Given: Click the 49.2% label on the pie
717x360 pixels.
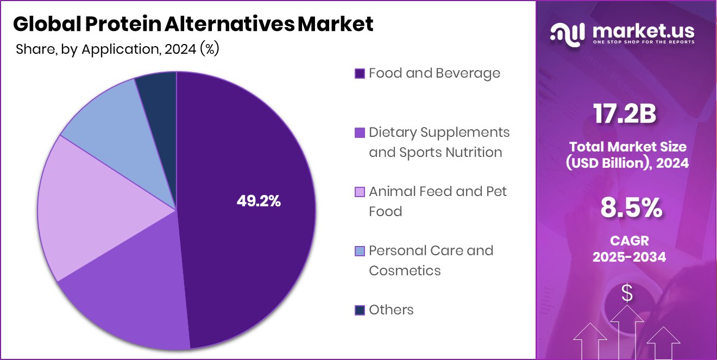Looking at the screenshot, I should (x=259, y=201).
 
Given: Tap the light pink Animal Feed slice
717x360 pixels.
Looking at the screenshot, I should (x=81, y=212).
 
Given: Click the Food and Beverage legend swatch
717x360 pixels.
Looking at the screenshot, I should (x=360, y=74).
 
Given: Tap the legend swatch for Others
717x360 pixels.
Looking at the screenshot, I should (x=360, y=310).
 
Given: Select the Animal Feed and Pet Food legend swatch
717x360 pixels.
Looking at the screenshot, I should (x=360, y=192).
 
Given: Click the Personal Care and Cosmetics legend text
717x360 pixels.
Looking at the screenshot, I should (x=431, y=261).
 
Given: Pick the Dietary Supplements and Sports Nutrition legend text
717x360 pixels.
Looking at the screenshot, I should (x=439, y=142).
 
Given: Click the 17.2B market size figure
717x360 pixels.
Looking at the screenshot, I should (x=625, y=115).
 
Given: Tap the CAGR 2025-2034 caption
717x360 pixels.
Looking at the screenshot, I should (x=629, y=248).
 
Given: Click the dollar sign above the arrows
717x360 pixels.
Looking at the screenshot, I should (x=627, y=294).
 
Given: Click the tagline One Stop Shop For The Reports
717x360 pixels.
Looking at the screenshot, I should (x=643, y=42).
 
